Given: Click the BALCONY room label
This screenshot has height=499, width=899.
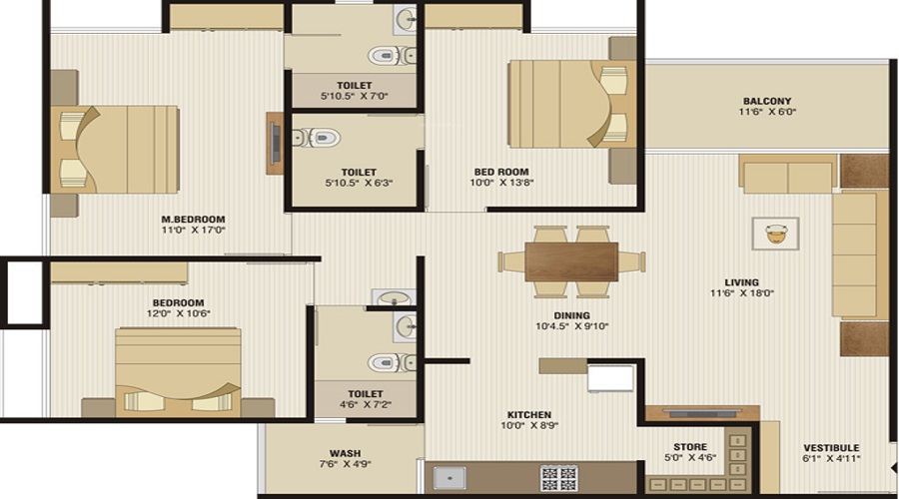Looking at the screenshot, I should coord(766,101).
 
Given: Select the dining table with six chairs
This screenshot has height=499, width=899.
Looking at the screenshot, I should coord(571,261).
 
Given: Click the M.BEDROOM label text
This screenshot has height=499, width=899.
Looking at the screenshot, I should coord(193,219).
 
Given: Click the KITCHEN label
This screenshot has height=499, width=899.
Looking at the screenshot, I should coord(528,414).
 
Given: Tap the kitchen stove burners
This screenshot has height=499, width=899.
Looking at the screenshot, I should coord(558,477).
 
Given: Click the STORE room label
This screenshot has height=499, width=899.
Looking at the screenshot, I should coord(689,447).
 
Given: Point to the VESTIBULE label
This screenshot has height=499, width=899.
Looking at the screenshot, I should coord(832,447).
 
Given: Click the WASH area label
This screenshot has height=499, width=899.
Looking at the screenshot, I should coord(345,453).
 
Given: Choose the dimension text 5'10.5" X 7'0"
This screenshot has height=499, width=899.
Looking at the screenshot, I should coord(355,97).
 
